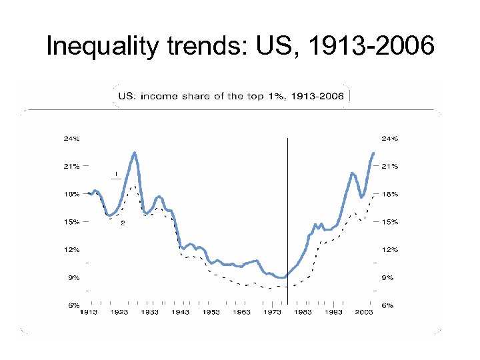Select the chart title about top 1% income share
click(x=231, y=96)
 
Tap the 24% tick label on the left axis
click(x=71, y=139)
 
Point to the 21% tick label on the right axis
click(x=389, y=165)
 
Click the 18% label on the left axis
click(x=71, y=194)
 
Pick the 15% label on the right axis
click(x=389, y=221)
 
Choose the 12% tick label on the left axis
click(x=71, y=249)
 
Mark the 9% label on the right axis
click(x=388, y=277)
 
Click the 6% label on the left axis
click(x=73, y=305)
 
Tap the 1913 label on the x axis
click(x=89, y=312)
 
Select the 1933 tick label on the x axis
click(x=149, y=312)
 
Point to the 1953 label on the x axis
click(x=211, y=312)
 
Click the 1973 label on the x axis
click(x=272, y=312)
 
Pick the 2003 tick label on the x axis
click(x=364, y=312)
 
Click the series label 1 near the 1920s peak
click(x=117, y=174)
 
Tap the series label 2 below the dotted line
click(x=123, y=223)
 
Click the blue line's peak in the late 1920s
click(x=135, y=153)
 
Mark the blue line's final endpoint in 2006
click(x=373, y=153)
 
